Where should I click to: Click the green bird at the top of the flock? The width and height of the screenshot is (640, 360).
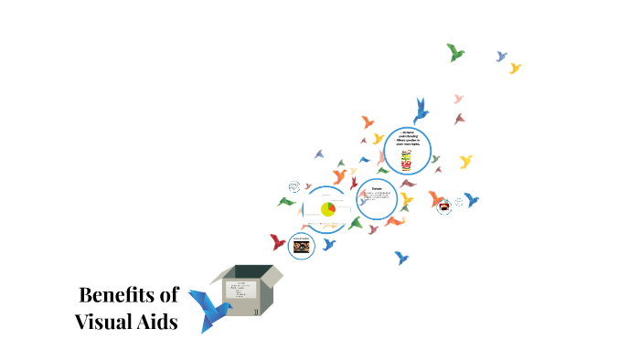pos(454,52)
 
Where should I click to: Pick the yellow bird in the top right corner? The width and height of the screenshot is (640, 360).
pos(515,68)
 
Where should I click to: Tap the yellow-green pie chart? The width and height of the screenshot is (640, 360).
pos(327,209)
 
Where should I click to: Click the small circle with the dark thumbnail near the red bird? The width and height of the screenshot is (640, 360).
pos(301,245)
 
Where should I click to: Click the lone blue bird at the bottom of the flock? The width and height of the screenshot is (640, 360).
pos(400,258)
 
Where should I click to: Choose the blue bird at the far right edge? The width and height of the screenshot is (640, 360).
pos(472,199)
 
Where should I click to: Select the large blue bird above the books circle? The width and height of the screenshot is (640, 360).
pos(421,110)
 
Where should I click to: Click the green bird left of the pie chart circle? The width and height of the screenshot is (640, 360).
pos(287,201)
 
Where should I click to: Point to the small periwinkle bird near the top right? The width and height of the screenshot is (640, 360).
pos(501,57)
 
